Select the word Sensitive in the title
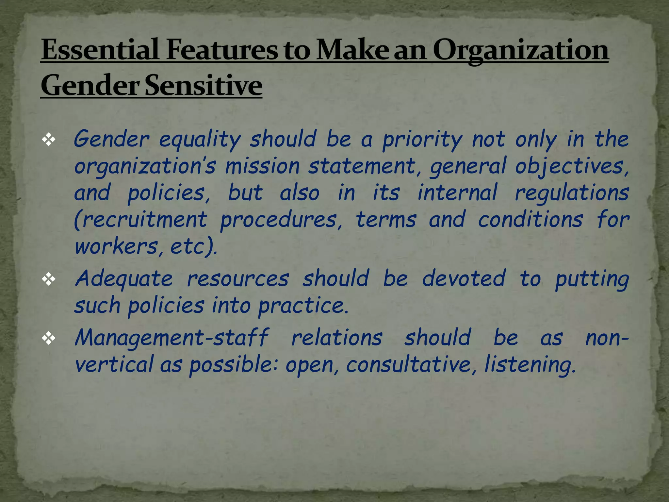[203, 86]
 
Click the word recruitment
[141, 220]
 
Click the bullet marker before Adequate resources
[49, 279]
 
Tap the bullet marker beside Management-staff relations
[49, 339]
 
